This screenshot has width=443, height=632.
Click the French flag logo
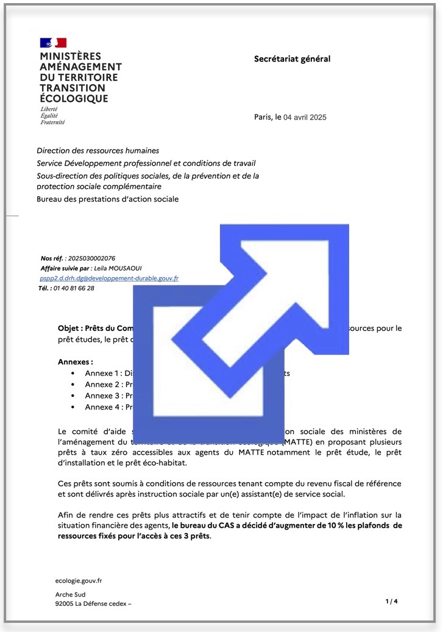pyautogui.click(x=53, y=43)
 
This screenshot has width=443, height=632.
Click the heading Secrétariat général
pyautogui.click(x=292, y=59)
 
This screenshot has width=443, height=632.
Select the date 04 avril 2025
pyautogui.click(x=305, y=117)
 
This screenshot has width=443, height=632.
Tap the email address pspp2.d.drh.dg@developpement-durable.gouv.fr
pyautogui.click(x=109, y=278)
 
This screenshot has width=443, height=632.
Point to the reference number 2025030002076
pyautogui.click(x=92, y=258)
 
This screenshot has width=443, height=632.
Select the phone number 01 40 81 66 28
pyautogui.click(x=74, y=288)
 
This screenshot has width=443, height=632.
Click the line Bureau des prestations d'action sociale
pyautogui.click(x=108, y=199)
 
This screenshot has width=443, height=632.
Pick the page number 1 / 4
pyautogui.click(x=391, y=602)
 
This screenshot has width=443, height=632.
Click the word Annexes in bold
pyautogui.click(x=75, y=361)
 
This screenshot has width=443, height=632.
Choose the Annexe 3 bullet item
pyautogui.click(x=107, y=396)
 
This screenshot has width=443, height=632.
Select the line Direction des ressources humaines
pyautogui.click(x=98, y=151)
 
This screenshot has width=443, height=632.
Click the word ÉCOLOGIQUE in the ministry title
pyautogui.click(x=74, y=99)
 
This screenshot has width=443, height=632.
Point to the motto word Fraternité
pyautogui.click(x=52, y=122)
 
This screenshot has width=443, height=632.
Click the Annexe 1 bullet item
pyautogui.click(x=107, y=373)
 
